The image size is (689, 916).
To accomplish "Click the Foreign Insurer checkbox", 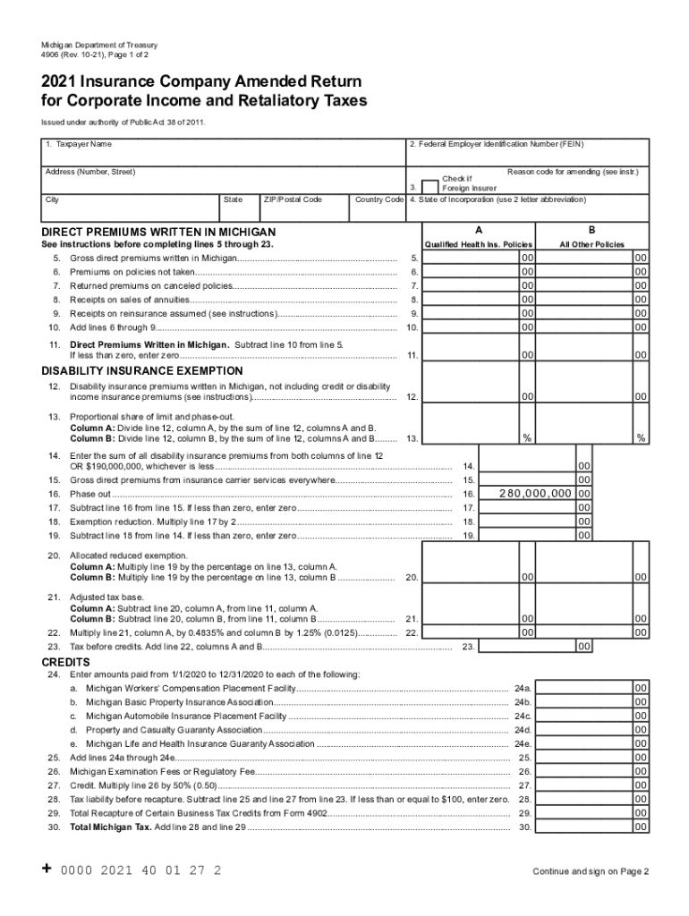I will pos(430,187).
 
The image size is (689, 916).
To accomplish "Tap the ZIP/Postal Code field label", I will pos(293,199).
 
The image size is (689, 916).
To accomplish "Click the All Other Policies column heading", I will pos(591,244).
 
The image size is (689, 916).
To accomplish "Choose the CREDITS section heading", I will pos(65,662).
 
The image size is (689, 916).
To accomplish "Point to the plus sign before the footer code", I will pos(47,869).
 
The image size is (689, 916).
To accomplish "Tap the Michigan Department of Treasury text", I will pos(98,46).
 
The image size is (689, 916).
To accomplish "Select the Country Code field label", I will pos(379,199).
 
